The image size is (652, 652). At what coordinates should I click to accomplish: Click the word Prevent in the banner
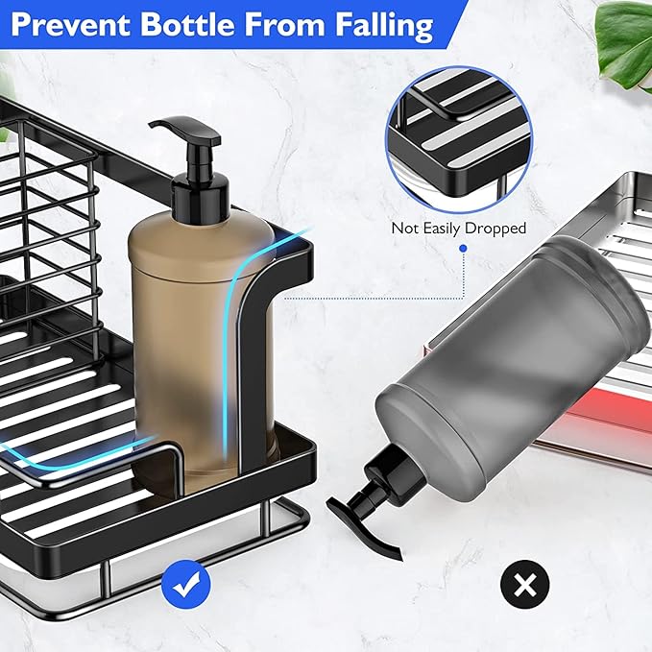coord(70,25)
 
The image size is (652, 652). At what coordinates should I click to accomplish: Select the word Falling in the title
coord(385,26)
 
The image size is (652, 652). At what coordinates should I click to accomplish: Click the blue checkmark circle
coord(186,584)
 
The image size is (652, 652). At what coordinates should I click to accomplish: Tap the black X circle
coord(524,584)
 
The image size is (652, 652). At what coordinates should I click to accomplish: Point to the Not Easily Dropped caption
coord(459,229)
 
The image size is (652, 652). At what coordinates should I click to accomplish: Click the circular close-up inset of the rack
coord(459,140)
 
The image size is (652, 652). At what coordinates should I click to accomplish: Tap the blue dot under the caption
coord(463,249)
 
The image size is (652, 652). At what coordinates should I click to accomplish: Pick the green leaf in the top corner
coord(624,46)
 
